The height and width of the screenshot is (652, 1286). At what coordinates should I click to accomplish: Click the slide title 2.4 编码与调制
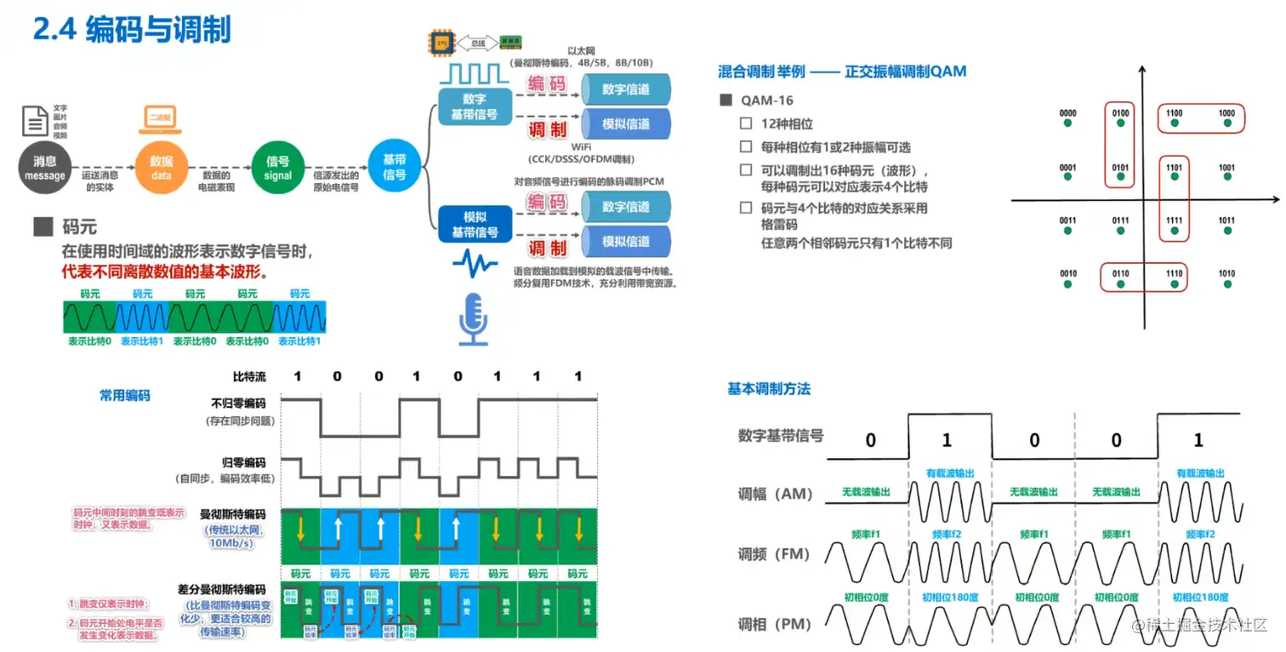tap(132, 31)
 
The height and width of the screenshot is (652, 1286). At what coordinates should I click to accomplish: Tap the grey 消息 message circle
tap(44, 168)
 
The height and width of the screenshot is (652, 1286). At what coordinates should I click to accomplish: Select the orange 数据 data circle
tap(161, 168)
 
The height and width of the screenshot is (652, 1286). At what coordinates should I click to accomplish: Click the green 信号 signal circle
tap(277, 168)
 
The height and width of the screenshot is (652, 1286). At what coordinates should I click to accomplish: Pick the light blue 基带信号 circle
tap(394, 167)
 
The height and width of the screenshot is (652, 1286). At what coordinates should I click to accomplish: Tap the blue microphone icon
tap(474, 319)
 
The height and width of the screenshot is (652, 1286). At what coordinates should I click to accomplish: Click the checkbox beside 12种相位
tap(746, 124)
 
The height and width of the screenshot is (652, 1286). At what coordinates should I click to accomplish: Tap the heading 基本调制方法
tap(768, 389)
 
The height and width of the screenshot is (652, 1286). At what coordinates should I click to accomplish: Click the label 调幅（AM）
tap(775, 495)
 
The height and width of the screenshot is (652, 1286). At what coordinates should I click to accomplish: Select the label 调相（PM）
tap(774, 625)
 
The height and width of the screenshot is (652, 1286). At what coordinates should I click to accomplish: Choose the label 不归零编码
tap(238, 404)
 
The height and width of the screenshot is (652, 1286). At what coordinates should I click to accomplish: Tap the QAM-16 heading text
tap(767, 100)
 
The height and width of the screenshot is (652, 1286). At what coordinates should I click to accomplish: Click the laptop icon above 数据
tap(159, 122)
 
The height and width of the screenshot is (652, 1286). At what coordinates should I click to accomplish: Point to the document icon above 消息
tap(34, 122)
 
